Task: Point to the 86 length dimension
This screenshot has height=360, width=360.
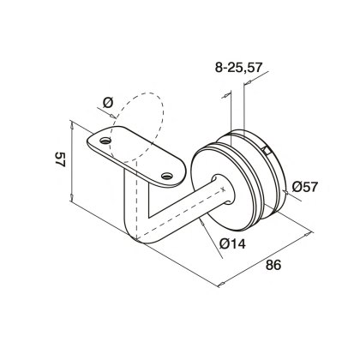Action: (273, 266)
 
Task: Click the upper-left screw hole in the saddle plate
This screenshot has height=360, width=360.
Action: (106, 137)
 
